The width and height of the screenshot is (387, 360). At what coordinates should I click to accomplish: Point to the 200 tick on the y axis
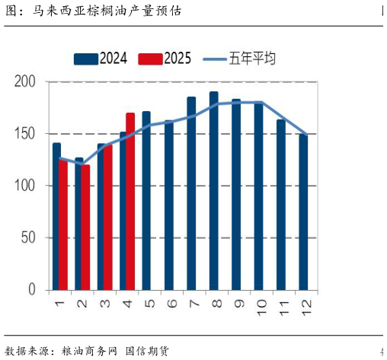coord(26,81)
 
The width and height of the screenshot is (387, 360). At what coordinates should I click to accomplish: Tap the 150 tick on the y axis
coord(26,134)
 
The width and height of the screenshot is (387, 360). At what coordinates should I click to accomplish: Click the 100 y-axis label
coord(26,186)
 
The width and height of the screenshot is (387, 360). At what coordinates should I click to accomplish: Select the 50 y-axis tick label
coord(29,237)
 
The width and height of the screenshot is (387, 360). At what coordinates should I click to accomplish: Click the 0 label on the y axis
coord(32,290)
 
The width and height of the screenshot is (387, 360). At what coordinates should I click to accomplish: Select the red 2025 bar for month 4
coord(130,202)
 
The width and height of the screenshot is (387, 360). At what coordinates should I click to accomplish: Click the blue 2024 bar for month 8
coord(213,191)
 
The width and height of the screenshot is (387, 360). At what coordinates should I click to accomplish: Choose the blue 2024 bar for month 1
coord(56,216)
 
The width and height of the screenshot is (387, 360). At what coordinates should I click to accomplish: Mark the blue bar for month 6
coord(168,205)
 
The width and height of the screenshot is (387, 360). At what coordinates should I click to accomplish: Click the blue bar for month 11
coord(281,205)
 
